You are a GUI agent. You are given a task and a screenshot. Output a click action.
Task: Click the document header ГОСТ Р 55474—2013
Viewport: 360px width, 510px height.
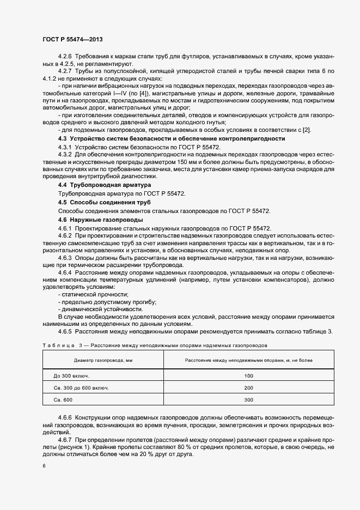pos(72,39)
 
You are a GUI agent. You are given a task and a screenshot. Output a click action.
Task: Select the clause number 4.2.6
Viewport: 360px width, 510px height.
pos(65,57)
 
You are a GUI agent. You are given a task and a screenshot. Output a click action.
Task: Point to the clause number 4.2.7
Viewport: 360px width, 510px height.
pos(65,71)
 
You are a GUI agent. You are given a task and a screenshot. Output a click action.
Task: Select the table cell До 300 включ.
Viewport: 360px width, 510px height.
pos(72,376)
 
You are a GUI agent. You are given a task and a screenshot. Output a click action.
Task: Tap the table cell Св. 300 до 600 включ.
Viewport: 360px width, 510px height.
pos(81,388)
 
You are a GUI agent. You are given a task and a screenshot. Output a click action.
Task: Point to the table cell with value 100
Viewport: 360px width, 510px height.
pos(249,376)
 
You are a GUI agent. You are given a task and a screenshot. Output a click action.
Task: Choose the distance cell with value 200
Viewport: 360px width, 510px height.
pos(249,388)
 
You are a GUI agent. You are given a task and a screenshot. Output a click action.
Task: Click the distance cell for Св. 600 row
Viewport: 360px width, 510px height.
pos(249,400)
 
